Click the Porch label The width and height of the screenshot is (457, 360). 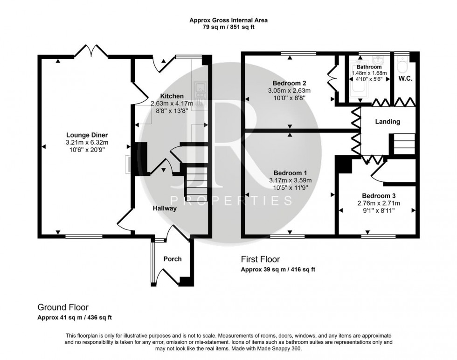[x=173, y=259]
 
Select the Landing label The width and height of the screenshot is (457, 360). [x=388, y=122]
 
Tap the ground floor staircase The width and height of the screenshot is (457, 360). [x=195, y=182]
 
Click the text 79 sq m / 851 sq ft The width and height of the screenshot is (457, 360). [x=228, y=27]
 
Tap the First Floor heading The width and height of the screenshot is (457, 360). [x=260, y=259]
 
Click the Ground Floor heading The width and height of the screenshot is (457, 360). [x=62, y=307]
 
